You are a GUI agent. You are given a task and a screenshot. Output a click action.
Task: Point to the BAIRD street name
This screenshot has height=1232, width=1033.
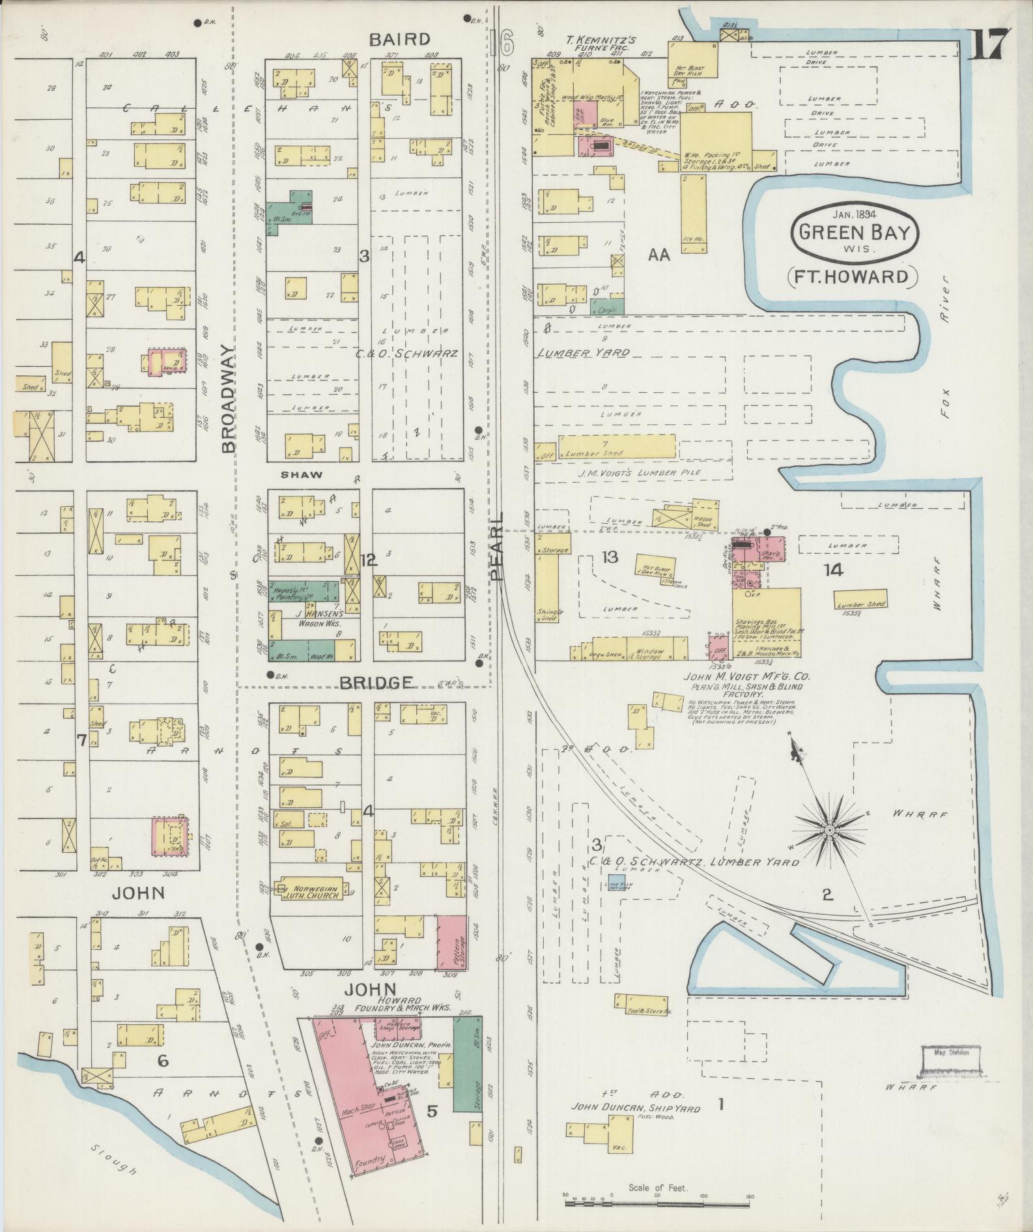399,39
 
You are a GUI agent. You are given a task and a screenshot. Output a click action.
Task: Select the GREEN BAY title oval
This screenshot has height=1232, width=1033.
855,233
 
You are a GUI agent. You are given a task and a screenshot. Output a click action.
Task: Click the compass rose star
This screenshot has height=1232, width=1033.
829,830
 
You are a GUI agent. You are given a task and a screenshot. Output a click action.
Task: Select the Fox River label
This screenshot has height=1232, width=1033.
944,365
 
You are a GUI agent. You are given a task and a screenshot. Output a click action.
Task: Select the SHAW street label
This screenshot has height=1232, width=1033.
301,475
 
